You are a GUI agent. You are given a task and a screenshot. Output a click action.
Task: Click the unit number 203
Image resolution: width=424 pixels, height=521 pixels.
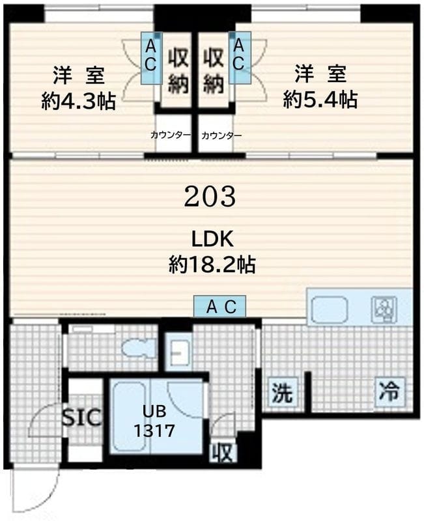(209, 196)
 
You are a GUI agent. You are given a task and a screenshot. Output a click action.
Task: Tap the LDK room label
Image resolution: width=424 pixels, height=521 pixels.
(212, 239)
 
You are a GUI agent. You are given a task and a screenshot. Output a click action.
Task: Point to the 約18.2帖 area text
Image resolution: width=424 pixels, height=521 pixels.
(212, 264)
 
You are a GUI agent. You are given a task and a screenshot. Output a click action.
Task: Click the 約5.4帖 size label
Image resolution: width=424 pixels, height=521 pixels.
(320, 100)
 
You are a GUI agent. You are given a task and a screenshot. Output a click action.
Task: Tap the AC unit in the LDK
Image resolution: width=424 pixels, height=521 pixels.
(220, 306)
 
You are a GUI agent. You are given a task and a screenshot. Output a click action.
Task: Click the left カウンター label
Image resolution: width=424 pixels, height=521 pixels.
(171, 135)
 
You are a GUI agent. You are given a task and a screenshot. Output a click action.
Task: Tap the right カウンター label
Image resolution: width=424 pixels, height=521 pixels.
(221, 135)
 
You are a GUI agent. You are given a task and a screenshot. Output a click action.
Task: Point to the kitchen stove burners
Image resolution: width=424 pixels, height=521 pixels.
(383, 309)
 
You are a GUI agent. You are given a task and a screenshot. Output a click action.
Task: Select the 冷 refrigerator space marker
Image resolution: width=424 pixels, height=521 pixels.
(389, 392)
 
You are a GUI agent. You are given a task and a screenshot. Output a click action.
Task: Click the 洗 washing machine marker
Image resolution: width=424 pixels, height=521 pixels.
(282, 393)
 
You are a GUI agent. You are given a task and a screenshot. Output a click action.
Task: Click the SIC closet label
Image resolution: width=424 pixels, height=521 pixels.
(82, 417)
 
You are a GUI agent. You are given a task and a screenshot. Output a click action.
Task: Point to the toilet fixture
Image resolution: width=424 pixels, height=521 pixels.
(137, 350)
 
